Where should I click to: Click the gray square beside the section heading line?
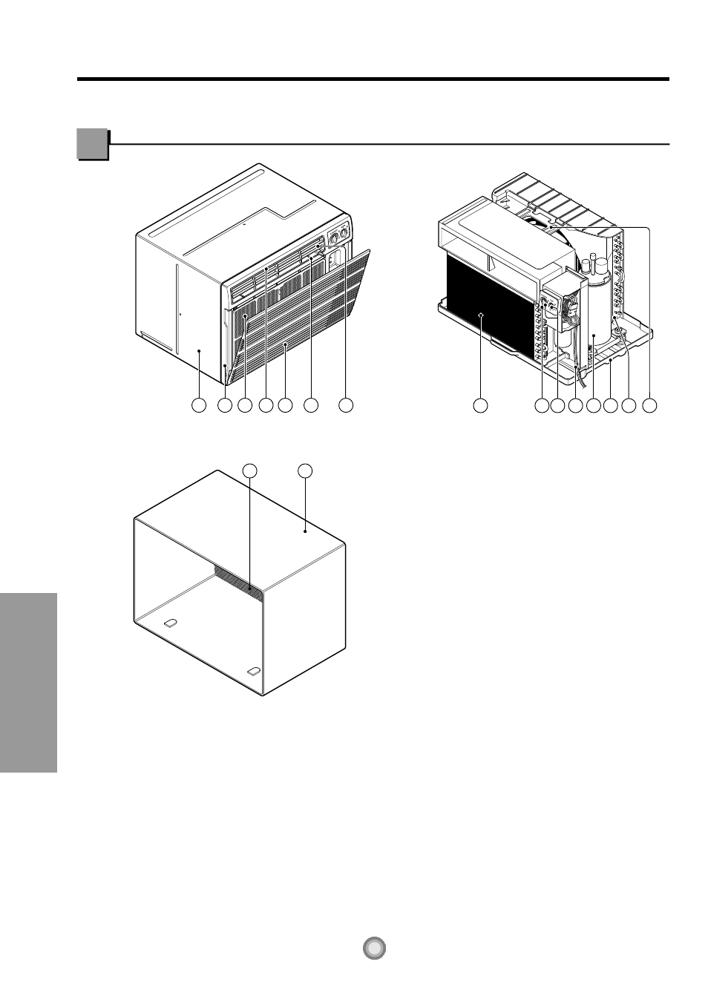93,145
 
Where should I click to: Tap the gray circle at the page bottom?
376,948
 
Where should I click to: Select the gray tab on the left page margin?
28,683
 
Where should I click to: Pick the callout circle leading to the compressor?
593,405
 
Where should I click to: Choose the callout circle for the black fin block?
481,405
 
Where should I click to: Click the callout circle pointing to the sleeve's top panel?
305,470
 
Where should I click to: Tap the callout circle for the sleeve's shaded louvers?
251,470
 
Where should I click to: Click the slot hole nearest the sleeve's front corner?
253,672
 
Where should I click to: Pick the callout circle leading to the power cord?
575,405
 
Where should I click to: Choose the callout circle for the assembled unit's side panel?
198,405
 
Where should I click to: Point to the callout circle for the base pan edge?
611,405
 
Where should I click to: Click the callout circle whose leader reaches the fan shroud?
649,405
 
